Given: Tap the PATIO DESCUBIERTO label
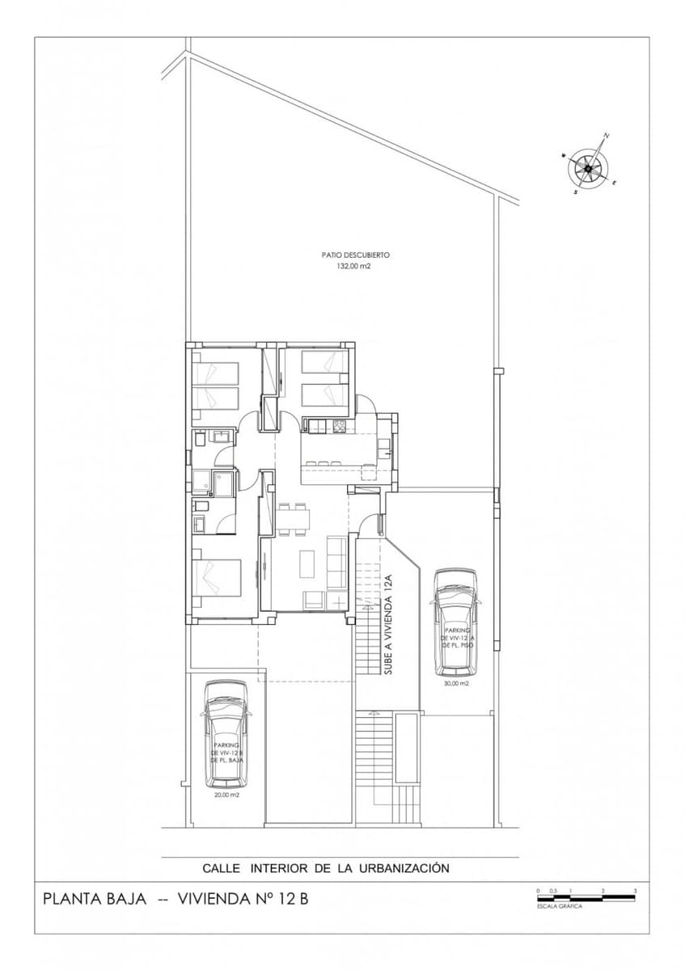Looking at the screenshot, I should (x=347, y=254).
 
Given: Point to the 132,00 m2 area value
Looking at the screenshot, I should (x=347, y=265).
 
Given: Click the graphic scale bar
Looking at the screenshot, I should (x=586, y=898).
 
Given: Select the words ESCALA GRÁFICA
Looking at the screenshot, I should (x=559, y=906).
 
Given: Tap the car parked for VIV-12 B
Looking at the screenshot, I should (x=226, y=734).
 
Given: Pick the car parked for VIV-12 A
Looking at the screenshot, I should (x=456, y=621).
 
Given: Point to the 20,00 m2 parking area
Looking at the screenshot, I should (x=226, y=795).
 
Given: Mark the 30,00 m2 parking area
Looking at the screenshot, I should (x=456, y=683).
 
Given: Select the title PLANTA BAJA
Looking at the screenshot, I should (x=94, y=898).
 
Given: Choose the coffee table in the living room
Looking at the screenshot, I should (x=307, y=563).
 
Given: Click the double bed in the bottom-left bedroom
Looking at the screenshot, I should (x=217, y=577).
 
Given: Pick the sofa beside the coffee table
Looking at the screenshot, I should (x=338, y=563).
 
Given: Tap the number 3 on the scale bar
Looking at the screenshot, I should (x=635, y=890).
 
